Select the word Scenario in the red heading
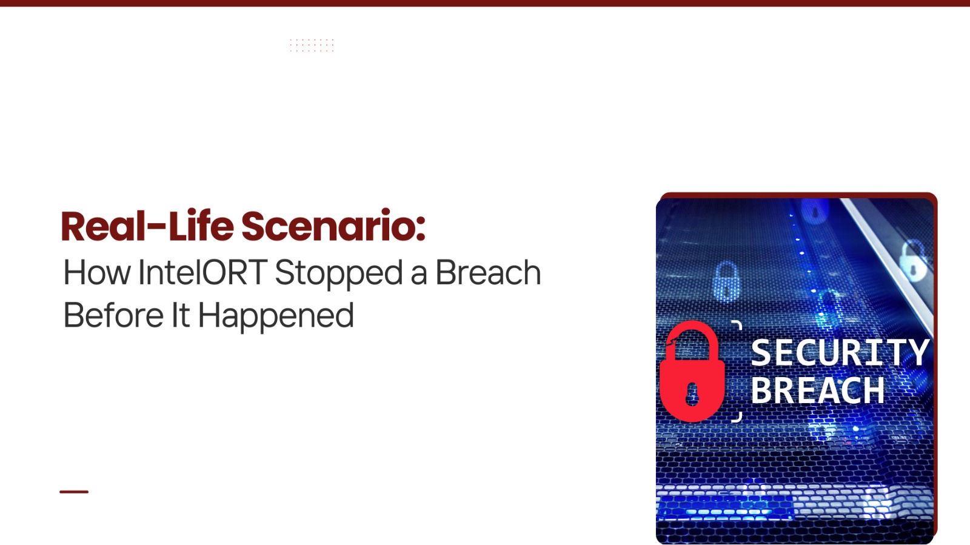coord(327,226)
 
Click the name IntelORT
coord(202,272)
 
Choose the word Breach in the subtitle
coord(488,272)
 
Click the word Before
coord(113,315)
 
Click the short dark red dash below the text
coord(74,492)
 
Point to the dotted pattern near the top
coord(312,45)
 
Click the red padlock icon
coord(692,372)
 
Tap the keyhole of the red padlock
coord(692,395)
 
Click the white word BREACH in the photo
coord(818,390)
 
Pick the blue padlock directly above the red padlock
coord(726,281)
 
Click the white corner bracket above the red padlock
coord(737,325)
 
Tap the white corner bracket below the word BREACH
coord(737,417)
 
